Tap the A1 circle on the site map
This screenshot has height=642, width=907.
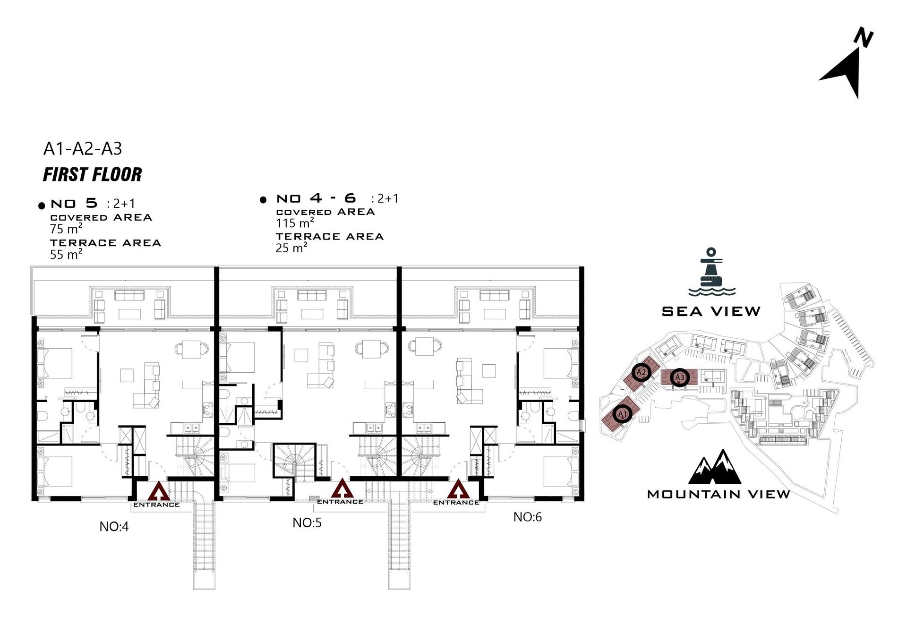coord(622,414)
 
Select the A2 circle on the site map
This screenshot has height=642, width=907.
coord(641,372)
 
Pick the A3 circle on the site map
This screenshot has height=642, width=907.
coord(679,377)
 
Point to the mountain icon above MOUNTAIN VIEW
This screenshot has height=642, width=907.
coord(715,467)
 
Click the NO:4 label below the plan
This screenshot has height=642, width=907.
coord(114,526)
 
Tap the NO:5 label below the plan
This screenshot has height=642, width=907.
coord(307,522)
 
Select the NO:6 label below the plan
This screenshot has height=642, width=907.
coord(528,517)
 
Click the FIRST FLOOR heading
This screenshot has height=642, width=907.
coord(93,174)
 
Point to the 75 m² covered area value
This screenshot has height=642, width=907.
coord(66,229)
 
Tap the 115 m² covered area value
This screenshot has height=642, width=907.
coord(295,223)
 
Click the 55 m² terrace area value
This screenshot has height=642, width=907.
coord(66,254)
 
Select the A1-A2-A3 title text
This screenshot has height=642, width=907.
coord(83,148)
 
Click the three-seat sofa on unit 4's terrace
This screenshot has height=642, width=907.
coord(129,295)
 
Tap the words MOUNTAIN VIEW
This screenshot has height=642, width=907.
coord(718,494)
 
